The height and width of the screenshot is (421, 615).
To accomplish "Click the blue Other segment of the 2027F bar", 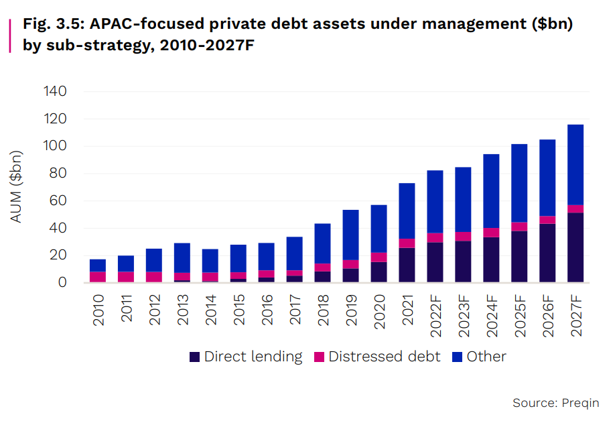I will [575, 164].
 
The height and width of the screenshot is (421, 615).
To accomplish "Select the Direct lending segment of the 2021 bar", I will [407, 265].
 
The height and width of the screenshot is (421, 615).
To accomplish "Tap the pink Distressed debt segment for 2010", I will [98, 276].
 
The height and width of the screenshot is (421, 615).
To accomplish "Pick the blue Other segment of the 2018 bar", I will [322, 243].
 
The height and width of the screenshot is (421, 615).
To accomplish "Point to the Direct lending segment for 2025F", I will [519, 256].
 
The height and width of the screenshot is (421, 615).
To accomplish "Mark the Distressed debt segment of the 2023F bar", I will [463, 236].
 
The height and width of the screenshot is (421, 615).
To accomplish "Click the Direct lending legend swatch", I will [195, 357].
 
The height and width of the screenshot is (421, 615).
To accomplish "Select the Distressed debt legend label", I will [385, 357].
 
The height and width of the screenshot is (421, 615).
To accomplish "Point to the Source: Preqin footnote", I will [555, 403].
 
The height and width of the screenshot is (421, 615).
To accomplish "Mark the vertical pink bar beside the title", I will [10, 36].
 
